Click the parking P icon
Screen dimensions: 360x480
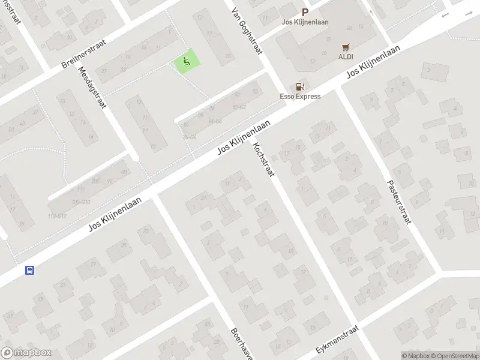click(305, 12)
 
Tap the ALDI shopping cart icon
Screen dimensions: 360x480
click(346, 47)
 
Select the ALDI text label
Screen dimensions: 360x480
click(346, 57)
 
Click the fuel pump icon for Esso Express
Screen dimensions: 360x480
click(300, 86)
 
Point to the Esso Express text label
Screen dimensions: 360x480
click(300, 97)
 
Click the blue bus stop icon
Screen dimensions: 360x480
click(29, 270)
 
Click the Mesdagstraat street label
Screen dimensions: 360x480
click(92, 87)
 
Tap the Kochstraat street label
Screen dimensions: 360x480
click(263, 161)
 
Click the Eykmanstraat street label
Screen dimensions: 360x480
click(337, 340)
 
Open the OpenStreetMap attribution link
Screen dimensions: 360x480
click(455, 356)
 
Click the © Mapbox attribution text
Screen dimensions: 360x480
click(416, 356)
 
